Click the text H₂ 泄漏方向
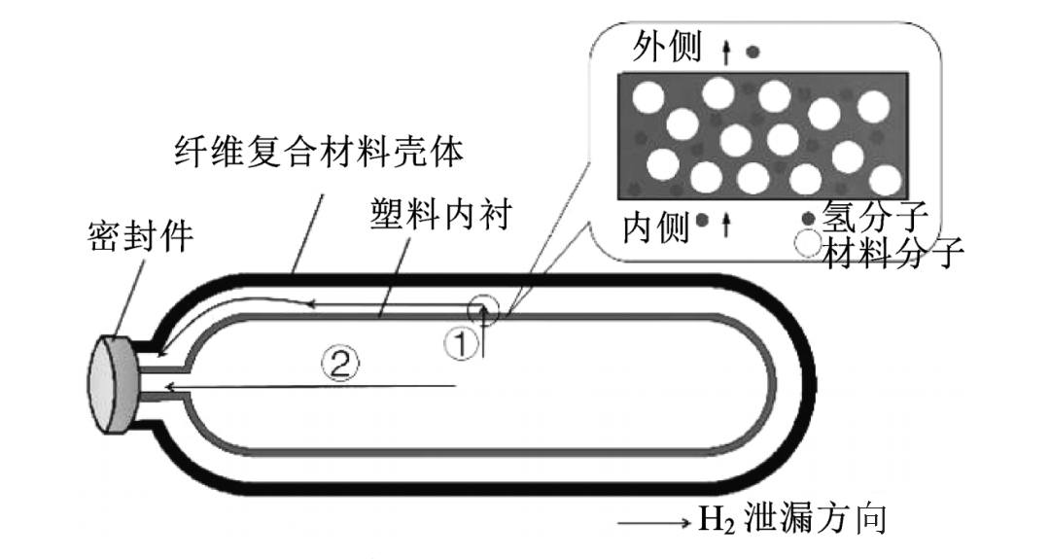pyautogui.click(x=793, y=520)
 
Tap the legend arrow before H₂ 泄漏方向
pyautogui.click(x=653, y=524)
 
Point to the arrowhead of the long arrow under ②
pyautogui.click(x=171, y=388)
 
